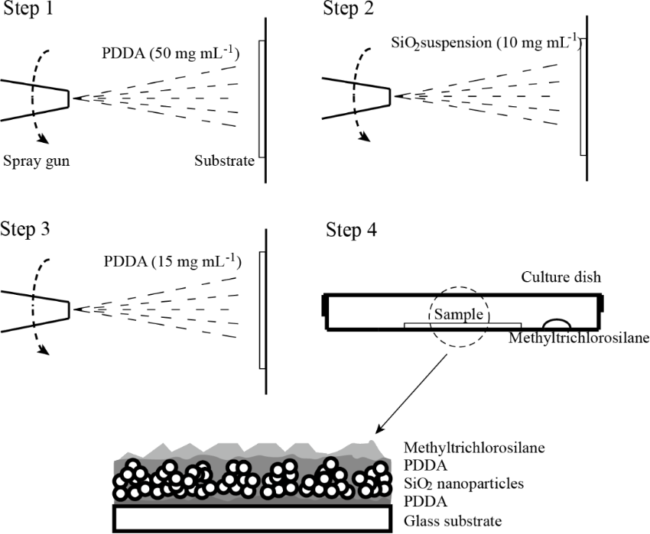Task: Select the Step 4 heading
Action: pyautogui.click(x=351, y=229)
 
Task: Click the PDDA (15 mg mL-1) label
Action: pyautogui.click(x=171, y=263)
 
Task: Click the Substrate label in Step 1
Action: pyautogui.click(x=224, y=162)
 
